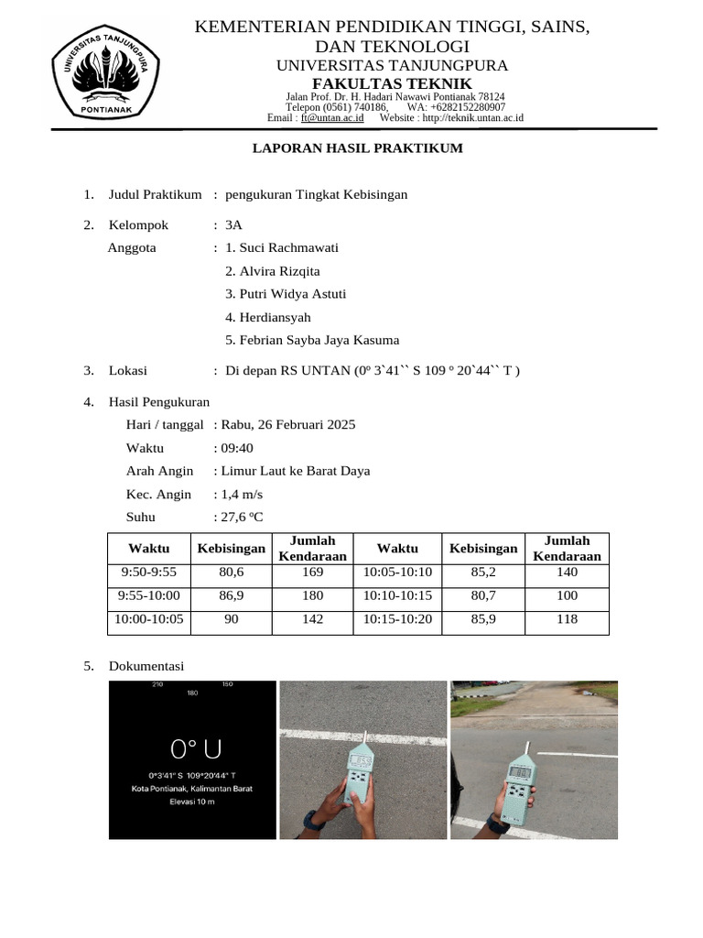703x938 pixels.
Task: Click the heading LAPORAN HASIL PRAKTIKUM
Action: pos(358,148)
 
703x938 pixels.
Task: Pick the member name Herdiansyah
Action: pos(268,317)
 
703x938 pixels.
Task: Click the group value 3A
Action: pos(233,224)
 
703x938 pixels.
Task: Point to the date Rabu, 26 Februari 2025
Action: pos(287,424)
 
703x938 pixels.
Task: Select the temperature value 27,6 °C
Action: pos(242,518)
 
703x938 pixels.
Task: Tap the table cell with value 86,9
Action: pos(232,595)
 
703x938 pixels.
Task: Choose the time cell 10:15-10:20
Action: pos(397,619)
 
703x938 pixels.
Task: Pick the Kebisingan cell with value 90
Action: pos(232,619)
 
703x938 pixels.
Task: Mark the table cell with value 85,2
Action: pos(482,572)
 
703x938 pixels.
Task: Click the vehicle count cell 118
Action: pos(567,619)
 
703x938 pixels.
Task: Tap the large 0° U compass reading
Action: pos(191,749)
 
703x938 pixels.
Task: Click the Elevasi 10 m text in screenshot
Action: pos(192,802)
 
